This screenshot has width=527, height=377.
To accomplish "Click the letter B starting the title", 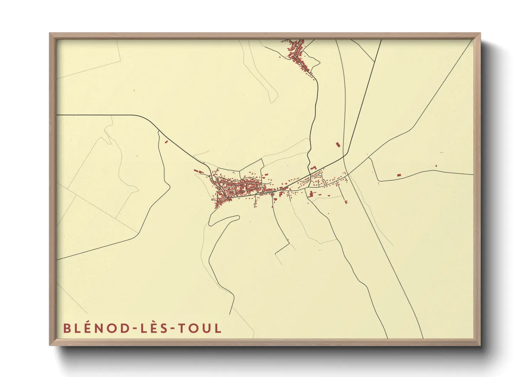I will point(67,328).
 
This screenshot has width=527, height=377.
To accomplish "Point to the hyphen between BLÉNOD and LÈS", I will point(133,329).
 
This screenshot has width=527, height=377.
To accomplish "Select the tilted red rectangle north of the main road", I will point(338,145).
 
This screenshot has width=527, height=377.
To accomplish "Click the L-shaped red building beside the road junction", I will point(313,167).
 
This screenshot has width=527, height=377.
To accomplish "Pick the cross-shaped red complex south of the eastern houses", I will point(311,195).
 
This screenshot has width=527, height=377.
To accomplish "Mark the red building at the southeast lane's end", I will point(346,202).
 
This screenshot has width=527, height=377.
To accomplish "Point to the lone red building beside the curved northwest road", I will point(166,142).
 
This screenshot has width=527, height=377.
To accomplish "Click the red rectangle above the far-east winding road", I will point(399,175).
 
